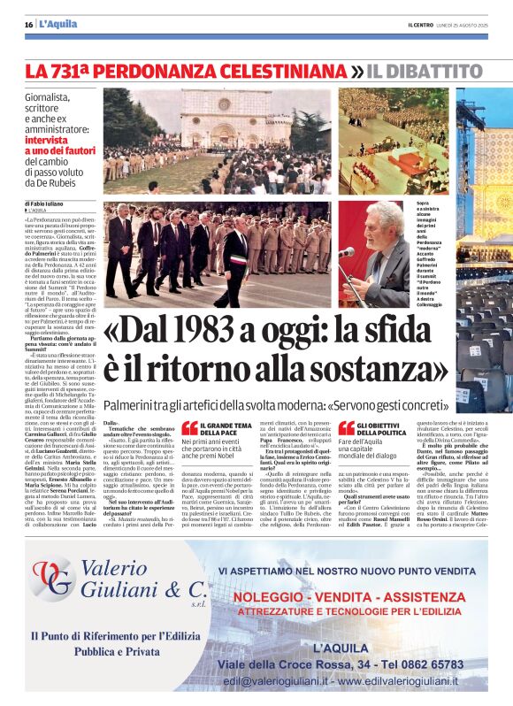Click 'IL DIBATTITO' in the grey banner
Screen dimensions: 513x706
pyautogui.click(x=425, y=70)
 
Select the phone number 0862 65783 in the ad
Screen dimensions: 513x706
pyautogui.click(x=417, y=663)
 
